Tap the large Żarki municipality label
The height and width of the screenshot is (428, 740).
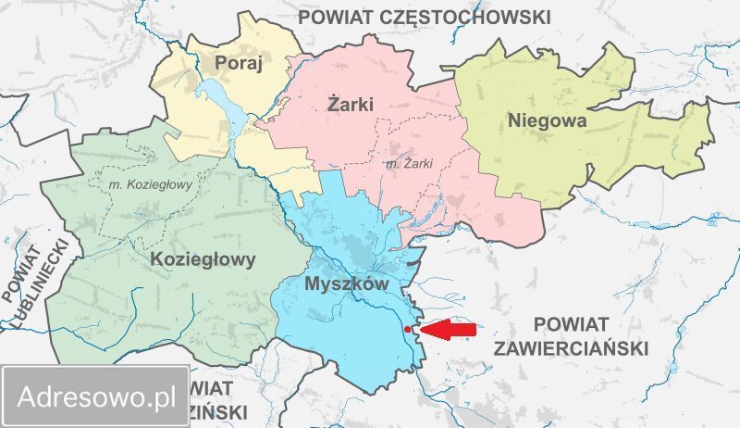pyautogui.click(x=351, y=104)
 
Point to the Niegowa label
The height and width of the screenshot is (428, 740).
pyautogui.click(x=546, y=120)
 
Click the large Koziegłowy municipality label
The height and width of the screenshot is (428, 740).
pyautogui.click(x=202, y=259)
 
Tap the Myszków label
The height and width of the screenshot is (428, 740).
pyautogui.click(x=344, y=284)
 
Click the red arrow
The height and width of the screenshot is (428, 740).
pyautogui.click(x=448, y=329)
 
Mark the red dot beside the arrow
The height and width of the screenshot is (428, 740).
pyautogui.click(x=408, y=329)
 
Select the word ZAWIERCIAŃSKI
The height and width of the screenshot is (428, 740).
pyautogui.click(x=571, y=347)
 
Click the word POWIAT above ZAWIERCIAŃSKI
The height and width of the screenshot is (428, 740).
pyautogui.click(x=570, y=324)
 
